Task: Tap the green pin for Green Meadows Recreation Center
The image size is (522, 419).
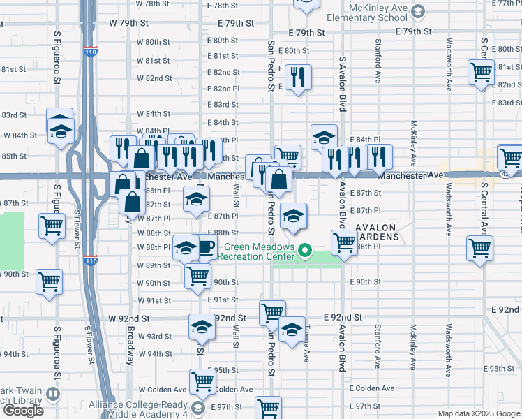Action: pos(305,249)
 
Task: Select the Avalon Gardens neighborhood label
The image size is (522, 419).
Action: pos(377,233)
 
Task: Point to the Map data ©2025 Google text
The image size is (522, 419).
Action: pos(479,413)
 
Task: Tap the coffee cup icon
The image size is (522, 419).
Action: pos(207,247)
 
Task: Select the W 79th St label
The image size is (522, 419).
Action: pos(129,23)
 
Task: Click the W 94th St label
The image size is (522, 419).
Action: pos(154,354)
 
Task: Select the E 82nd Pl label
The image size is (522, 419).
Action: pos(224,89)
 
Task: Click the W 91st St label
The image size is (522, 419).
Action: pos(154,301)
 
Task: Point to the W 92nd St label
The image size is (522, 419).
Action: pos(129,318)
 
